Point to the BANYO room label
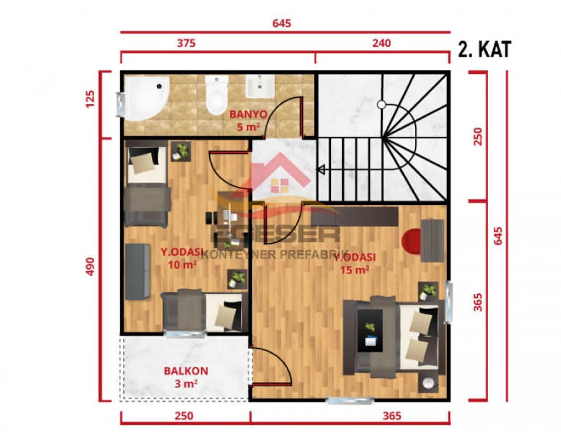click(248, 115)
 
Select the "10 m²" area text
click(183, 263)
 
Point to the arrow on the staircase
click(322, 168)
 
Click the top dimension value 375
click(186, 43)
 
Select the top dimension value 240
click(381, 43)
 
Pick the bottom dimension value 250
click(184, 415)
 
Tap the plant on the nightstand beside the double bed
click(428, 290)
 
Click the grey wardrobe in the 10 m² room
click(137, 272)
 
